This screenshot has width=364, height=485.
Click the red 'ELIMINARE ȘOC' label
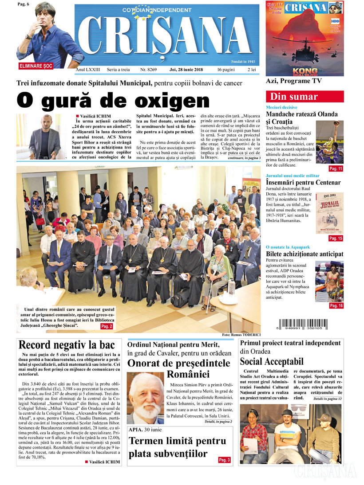(x=37, y=66)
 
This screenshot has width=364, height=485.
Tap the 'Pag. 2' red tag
(x=107, y=326)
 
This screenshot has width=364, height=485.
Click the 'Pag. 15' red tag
(x=336, y=239)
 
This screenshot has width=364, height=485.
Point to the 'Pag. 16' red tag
(x=336, y=306)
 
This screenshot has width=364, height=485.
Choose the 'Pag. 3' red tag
(x=225, y=460)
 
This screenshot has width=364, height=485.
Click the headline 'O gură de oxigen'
(x=113, y=100)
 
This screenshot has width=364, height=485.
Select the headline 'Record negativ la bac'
(x=67, y=345)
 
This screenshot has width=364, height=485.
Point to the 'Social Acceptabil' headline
(x=272, y=361)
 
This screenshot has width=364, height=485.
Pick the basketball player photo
(x=329, y=142)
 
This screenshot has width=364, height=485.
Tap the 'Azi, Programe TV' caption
(x=293, y=81)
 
